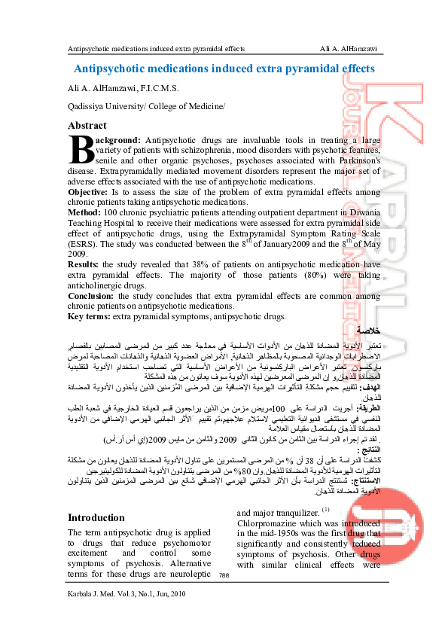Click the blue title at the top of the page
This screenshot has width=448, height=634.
click(x=224, y=69)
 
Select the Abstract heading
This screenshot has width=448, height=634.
click(x=87, y=126)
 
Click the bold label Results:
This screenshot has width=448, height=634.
click(x=84, y=265)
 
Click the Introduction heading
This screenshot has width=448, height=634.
click(x=96, y=497)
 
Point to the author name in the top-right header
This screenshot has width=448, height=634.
click(x=348, y=49)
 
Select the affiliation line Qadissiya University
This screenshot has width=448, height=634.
click(x=146, y=107)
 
